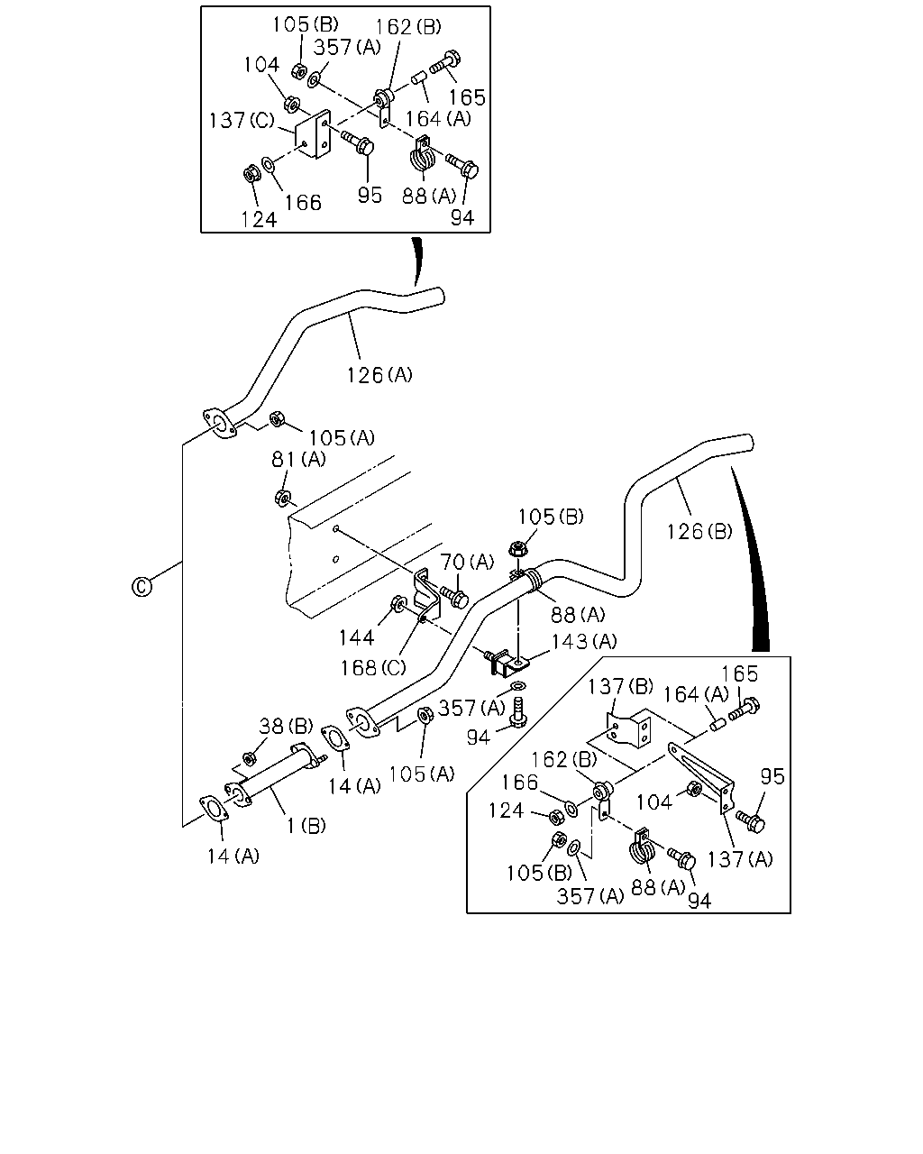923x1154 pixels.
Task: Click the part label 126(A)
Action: click(x=379, y=375)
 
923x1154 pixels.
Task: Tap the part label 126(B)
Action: click(x=699, y=531)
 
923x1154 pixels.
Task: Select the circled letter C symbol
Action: click(x=142, y=587)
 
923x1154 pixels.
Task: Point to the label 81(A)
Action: click(x=298, y=459)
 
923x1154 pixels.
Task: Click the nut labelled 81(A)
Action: click(x=282, y=499)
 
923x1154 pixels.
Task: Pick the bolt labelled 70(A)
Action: click(x=454, y=596)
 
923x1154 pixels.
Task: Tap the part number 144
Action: click(x=356, y=637)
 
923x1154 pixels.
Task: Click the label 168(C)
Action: click(x=373, y=668)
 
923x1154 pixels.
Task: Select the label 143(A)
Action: click(x=585, y=641)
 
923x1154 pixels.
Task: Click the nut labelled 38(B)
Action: click(x=248, y=759)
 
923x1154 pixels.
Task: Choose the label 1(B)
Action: click(x=306, y=826)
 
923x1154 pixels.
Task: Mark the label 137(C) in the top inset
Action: click(x=242, y=120)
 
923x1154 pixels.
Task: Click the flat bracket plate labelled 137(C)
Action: click(x=313, y=134)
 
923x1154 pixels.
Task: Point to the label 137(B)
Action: click(x=620, y=686)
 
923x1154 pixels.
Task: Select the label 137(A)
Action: click(x=740, y=859)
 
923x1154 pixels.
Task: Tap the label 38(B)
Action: click(x=286, y=726)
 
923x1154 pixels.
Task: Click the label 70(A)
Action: click(x=467, y=562)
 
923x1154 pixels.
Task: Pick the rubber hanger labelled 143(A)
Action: click(x=507, y=665)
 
